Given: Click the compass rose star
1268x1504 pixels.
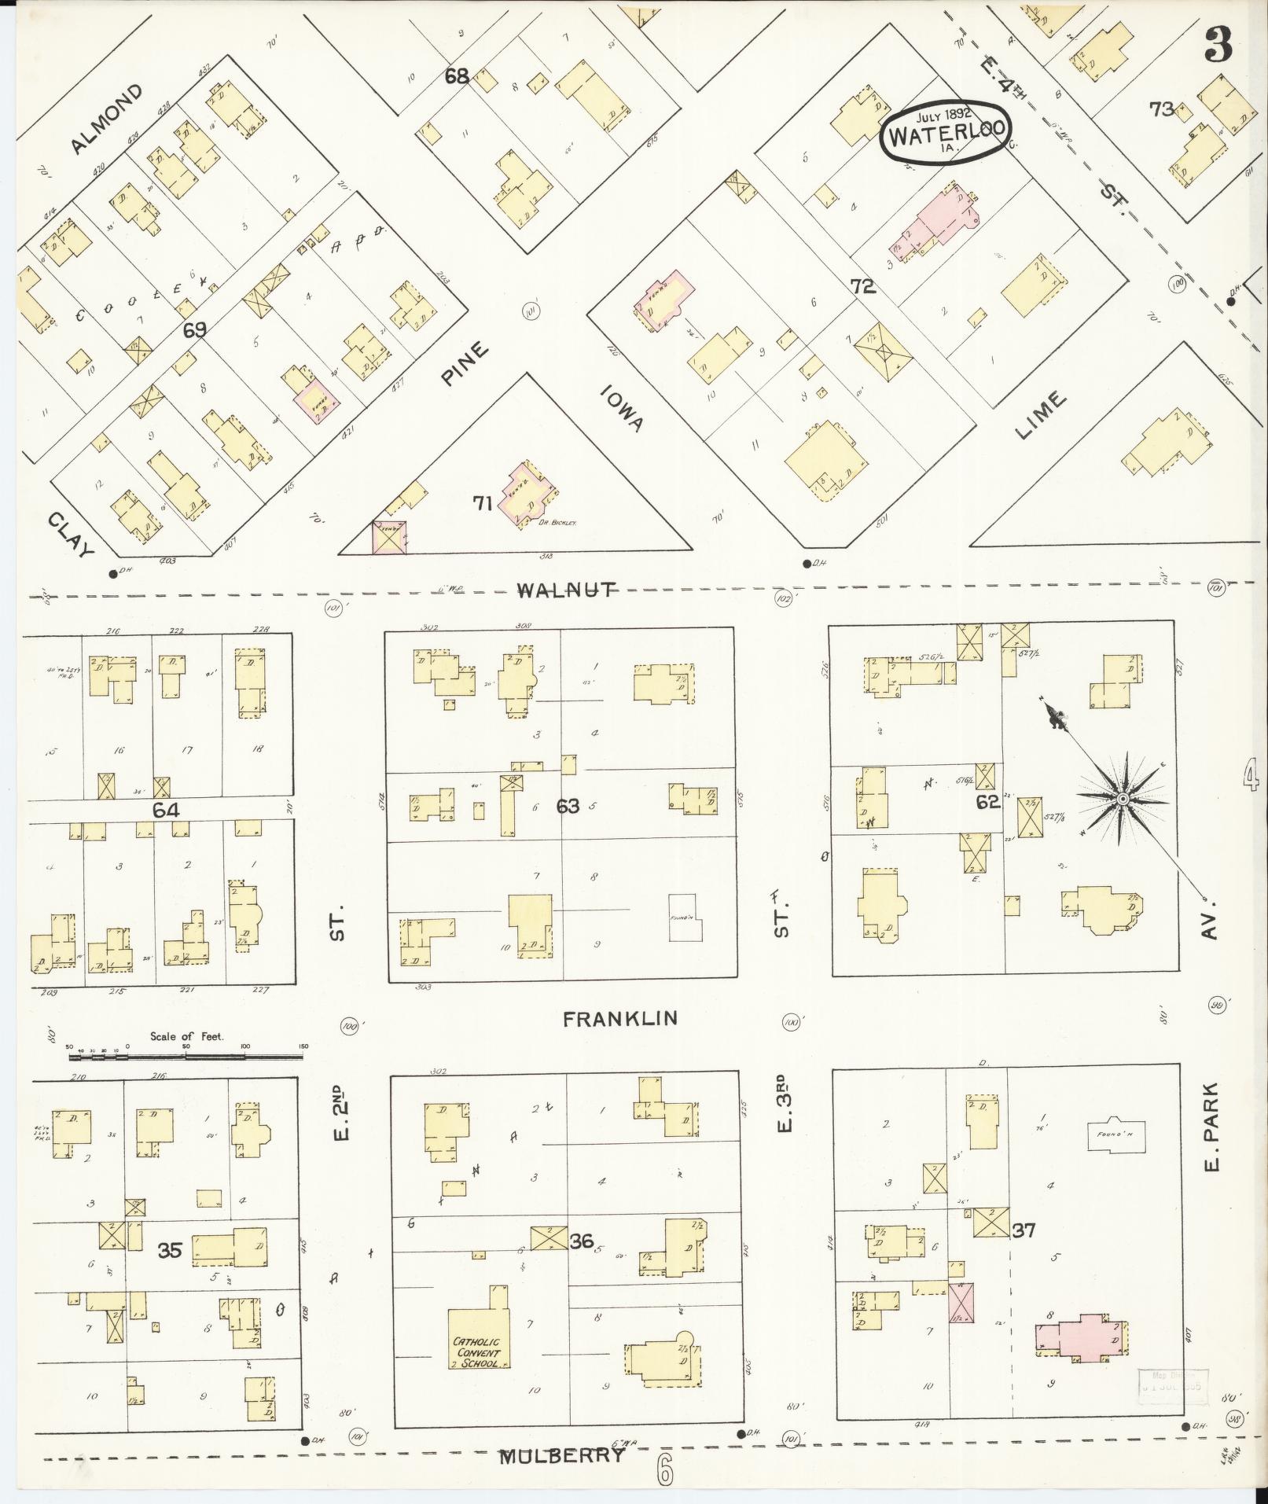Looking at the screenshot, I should [1123, 799].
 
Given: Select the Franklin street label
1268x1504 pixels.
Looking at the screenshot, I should [619, 1019].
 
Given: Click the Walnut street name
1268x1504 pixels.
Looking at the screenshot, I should [565, 590].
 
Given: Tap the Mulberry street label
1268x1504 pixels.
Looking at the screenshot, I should [563, 1455].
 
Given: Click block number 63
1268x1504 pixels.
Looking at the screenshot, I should [568, 805].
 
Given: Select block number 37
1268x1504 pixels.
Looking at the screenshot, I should [1023, 1230].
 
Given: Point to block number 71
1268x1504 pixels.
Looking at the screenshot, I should [483, 503].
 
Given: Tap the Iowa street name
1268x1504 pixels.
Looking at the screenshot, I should [624, 408].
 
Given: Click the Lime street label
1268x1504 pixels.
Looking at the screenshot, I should [1041, 414].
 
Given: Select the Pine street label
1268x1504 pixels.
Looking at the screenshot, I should [465, 362].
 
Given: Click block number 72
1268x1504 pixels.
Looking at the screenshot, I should [862, 286].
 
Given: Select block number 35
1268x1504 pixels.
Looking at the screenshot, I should [170, 1250].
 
